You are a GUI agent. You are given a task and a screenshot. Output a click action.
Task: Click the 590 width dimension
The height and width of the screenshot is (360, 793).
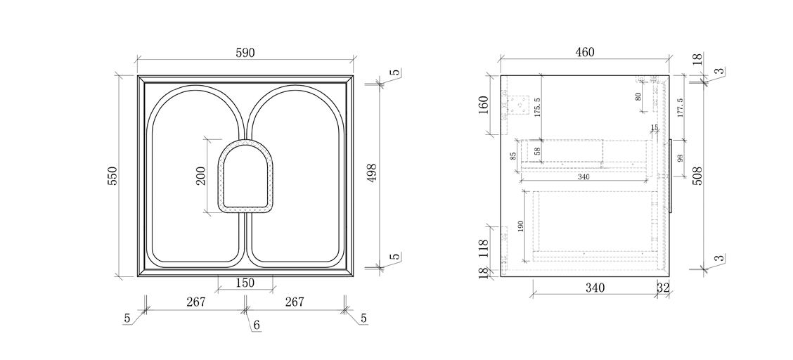(245, 53)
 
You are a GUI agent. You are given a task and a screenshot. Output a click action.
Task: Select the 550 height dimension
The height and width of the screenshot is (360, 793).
(112, 176)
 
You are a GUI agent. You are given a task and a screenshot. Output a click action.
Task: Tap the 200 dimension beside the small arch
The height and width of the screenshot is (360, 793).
(200, 176)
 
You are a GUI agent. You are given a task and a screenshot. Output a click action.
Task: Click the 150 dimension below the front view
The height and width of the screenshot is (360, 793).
(245, 283)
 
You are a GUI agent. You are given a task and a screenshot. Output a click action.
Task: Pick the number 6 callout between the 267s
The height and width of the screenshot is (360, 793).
(257, 325)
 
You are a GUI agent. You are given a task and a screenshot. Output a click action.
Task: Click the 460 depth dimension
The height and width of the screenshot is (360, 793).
(584, 52)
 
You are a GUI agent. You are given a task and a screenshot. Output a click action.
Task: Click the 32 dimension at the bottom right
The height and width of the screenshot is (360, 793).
(663, 288)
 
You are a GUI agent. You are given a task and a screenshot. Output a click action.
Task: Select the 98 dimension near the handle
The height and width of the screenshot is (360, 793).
(679, 157)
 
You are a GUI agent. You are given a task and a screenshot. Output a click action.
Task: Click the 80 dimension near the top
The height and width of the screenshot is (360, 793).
(638, 96)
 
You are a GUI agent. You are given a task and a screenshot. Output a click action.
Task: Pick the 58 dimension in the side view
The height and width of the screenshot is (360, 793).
(538, 150)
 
